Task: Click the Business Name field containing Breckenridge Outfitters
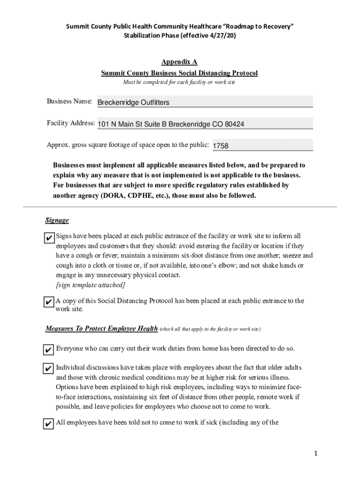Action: pos(204,102)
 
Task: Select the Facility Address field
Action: pos(204,124)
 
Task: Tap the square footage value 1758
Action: pos(221,146)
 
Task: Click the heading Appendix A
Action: pos(179,62)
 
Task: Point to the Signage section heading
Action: pos(57,220)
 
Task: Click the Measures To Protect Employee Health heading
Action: pos(101,329)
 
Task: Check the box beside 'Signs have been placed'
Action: pos(48,238)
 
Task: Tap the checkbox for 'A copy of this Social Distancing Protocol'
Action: pos(48,303)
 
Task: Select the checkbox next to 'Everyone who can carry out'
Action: pos(48,350)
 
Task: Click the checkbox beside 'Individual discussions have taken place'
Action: pos(48,369)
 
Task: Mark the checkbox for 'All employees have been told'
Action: pos(48,424)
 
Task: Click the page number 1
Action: pos(316,453)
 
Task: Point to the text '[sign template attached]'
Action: pos(90,285)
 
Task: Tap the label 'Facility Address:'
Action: pos(71,123)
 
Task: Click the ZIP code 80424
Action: pos(235,124)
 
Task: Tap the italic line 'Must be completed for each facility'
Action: pos(179,82)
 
